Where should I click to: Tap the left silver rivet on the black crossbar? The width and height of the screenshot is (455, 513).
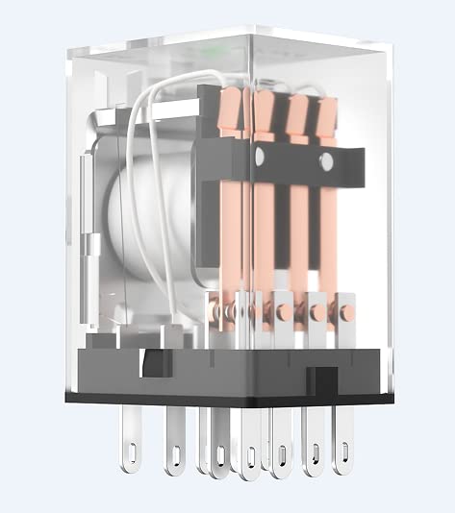260,157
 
